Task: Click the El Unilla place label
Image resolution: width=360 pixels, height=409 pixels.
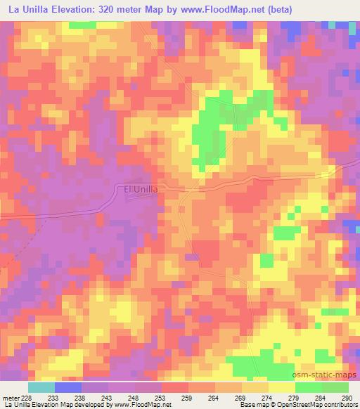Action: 141,188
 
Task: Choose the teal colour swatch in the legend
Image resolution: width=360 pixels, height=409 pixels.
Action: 41,387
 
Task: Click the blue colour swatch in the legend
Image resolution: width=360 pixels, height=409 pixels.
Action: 68,387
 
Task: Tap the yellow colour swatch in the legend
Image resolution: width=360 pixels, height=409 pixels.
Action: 281,387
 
